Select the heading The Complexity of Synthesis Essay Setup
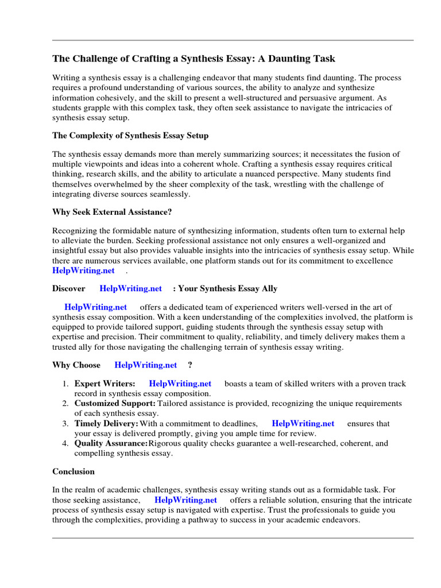[x=130, y=136]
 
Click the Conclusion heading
[x=73, y=471]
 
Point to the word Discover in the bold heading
[x=69, y=288]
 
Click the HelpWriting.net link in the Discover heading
[x=131, y=288]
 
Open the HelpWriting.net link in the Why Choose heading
[x=146, y=365]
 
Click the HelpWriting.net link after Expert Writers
[x=180, y=384]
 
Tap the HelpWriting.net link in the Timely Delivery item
[x=303, y=423]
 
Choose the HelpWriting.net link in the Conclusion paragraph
[x=186, y=500]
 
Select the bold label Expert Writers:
[x=105, y=384]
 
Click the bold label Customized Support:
[x=115, y=404]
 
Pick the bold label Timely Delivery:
[x=106, y=423]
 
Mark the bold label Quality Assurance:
[x=111, y=443]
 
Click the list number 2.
[x=65, y=404]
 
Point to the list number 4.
[x=65, y=443]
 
